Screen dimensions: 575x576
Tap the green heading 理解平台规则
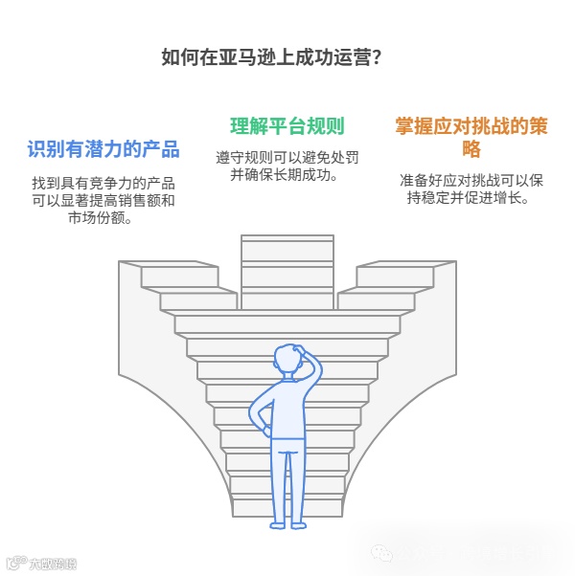[287, 126]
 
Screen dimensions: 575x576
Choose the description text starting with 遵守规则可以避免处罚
[286, 166]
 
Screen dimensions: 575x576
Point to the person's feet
[287, 523]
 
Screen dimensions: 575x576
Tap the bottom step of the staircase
[287, 508]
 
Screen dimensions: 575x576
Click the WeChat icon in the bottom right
[381, 553]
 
